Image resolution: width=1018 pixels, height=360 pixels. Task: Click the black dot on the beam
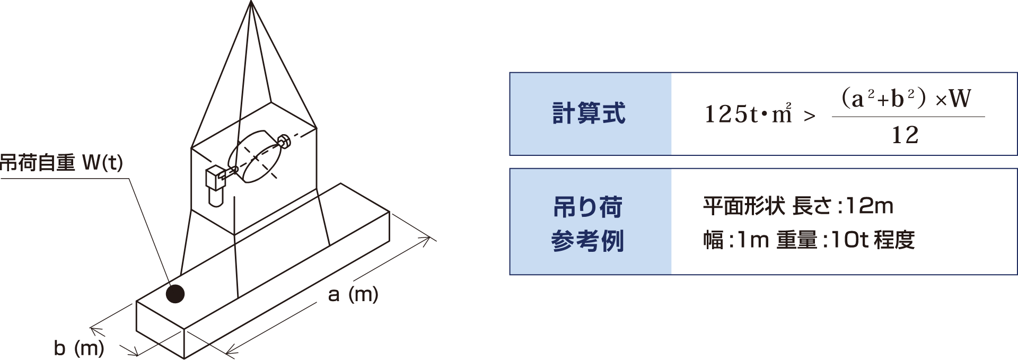(175, 293)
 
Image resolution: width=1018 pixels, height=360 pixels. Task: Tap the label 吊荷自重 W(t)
(62, 163)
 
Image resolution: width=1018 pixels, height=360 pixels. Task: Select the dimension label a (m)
(353, 294)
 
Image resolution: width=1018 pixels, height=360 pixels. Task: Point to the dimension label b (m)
(79, 348)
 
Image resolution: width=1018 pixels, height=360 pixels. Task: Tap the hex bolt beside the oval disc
(284, 141)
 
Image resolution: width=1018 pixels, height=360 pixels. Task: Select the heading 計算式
(589, 113)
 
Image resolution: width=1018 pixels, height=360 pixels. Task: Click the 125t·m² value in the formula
(748, 113)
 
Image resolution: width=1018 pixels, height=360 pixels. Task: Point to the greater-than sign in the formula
(810, 116)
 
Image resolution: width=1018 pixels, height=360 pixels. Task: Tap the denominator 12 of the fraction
(905, 135)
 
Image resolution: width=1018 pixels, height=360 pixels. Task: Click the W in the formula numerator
(960, 99)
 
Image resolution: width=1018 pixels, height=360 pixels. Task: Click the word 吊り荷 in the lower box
(588, 207)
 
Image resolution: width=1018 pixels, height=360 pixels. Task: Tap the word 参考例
(588, 241)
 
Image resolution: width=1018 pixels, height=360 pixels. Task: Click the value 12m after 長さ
(870, 206)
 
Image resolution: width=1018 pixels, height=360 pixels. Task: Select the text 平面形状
(744, 206)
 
